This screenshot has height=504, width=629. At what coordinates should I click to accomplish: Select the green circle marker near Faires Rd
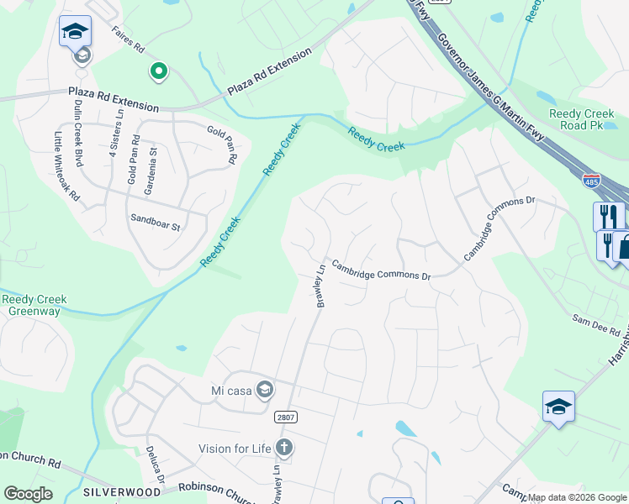[157, 71]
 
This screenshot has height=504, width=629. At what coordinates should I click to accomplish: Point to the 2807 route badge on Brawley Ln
[285, 417]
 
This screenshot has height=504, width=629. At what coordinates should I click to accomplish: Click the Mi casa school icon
[266, 389]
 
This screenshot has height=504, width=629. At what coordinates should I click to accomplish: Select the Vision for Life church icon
[284, 448]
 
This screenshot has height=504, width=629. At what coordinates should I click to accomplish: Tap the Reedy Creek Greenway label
[34, 306]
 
